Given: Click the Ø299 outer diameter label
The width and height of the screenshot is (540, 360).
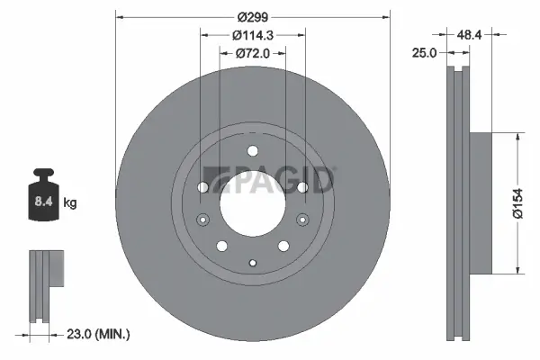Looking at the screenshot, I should click(253, 15).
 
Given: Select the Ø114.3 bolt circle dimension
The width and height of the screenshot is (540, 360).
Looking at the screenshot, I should click(253, 35).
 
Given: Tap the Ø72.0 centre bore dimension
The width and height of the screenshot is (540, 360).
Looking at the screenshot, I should click(253, 53).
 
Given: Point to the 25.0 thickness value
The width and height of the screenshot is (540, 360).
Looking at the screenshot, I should click(424, 53).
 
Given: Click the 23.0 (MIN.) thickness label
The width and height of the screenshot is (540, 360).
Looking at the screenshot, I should click(98, 334).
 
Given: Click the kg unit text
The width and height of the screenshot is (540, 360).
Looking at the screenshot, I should click(70, 203).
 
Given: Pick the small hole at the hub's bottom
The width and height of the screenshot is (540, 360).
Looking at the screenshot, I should click(253, 263).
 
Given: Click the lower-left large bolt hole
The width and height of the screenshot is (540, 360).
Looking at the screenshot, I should click(221, 246).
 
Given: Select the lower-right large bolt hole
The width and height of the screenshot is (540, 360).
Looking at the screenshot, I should click(283, 246).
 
